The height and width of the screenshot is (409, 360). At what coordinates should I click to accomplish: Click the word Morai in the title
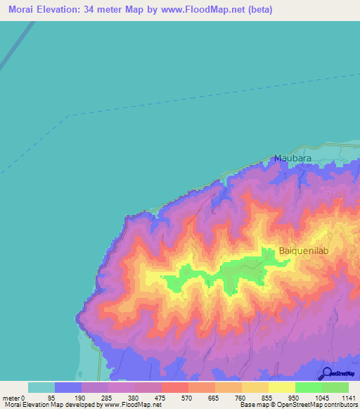pos(24,10)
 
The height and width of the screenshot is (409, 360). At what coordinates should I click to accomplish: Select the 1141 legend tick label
pos(347,397)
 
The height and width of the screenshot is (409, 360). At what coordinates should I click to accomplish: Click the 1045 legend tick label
pos(322,397)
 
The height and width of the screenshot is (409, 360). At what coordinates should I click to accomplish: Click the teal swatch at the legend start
pos(41,387)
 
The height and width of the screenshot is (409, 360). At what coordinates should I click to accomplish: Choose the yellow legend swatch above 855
pos(255,387)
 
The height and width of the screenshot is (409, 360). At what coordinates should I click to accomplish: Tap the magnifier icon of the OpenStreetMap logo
pos(326,373)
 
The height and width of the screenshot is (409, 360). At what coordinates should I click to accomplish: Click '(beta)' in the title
pos(257,10)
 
